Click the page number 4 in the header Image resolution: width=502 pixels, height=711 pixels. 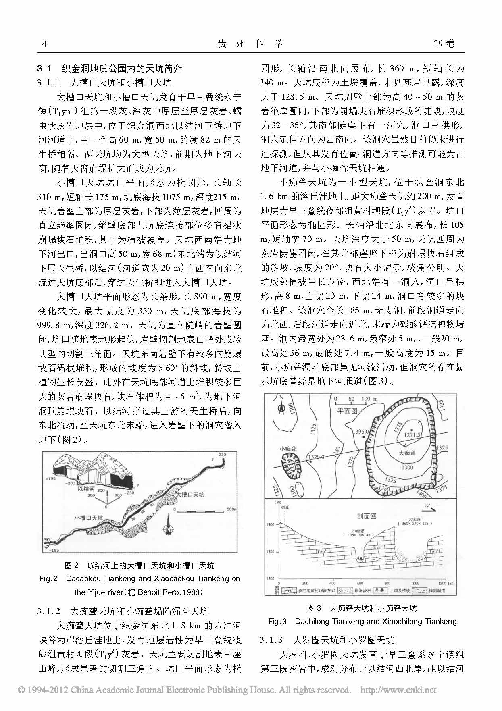click(44, 44)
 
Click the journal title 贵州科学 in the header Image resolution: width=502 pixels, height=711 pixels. click(250, 44)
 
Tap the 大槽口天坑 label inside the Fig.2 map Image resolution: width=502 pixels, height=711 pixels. click(190, 494)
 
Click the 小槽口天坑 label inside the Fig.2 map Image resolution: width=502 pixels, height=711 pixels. click(88, 518)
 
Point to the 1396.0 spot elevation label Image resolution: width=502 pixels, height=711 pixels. click(360, 432)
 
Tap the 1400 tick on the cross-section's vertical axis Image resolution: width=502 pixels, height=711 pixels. click(270, 524)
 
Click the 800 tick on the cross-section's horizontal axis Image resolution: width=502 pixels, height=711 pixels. click(387, 583)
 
